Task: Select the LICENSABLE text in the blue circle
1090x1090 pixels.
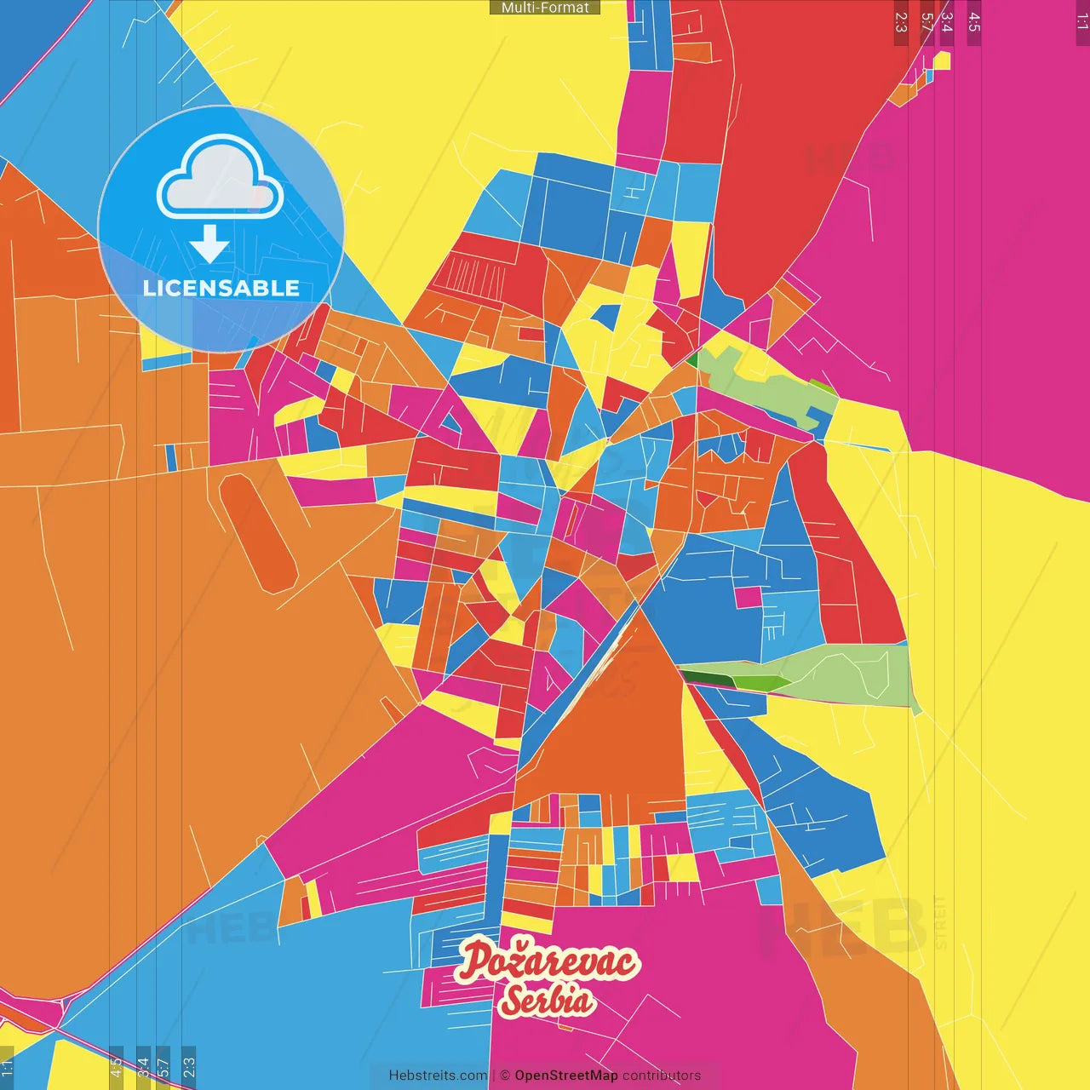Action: (221, 288)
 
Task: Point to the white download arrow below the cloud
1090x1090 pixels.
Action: (209, 244)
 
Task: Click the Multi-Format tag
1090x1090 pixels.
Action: (545, 8)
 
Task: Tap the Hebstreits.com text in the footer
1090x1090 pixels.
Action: (439, 1076)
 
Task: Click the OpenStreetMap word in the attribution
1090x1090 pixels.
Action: (565, 1076)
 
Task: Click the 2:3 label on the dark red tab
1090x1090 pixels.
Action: (901, 22)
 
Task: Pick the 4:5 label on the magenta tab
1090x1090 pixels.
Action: (974, 22)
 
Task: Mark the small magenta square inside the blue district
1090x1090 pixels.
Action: (748, 597)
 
